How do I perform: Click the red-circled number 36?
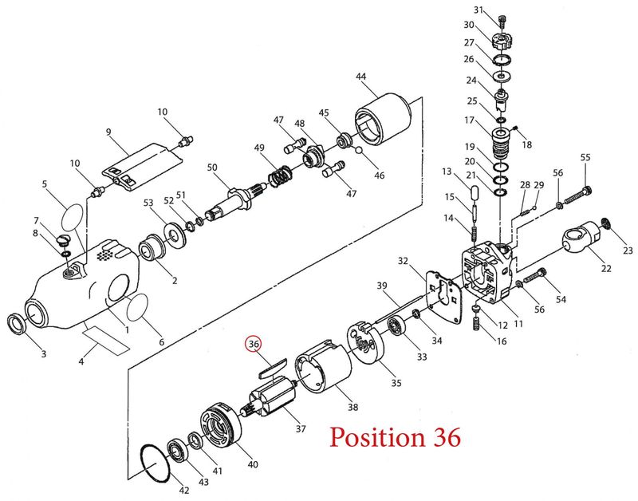point(254,344)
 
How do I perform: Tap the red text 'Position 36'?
point(395,437)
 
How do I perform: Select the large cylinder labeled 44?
point(383,119)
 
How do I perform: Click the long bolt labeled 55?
point(574,198)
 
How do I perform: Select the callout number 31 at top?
point(479,10)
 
